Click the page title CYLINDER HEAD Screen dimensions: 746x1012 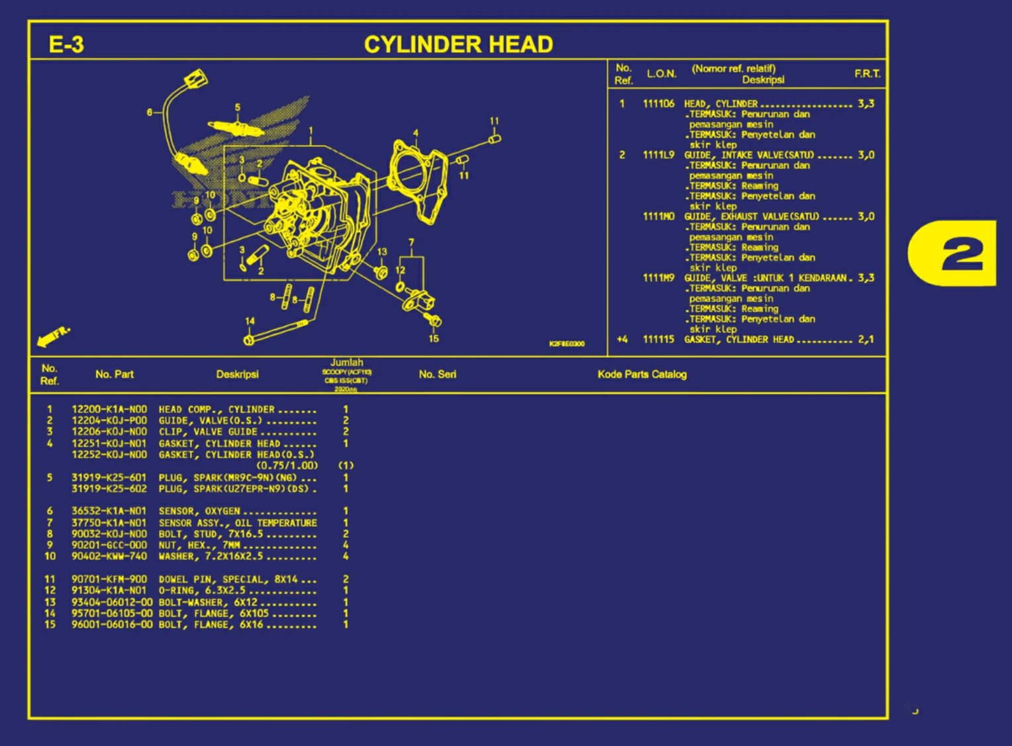458,44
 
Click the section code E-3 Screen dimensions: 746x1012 66,44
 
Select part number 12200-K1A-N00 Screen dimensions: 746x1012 109,410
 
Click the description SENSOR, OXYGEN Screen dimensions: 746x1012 199,511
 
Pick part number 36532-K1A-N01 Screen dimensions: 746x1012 109,511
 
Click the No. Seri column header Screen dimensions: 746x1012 437,375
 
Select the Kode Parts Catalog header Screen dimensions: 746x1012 642,375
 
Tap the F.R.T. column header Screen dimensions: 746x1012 867,73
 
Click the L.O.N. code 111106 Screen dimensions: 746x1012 658,104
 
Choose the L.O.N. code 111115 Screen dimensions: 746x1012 658,340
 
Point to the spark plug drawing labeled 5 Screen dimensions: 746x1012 235,126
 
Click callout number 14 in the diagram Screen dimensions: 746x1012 250,321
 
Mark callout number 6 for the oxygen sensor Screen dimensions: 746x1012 150,113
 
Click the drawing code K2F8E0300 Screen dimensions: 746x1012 567,344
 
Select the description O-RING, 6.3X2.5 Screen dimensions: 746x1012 202,590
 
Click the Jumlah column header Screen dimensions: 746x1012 346,363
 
